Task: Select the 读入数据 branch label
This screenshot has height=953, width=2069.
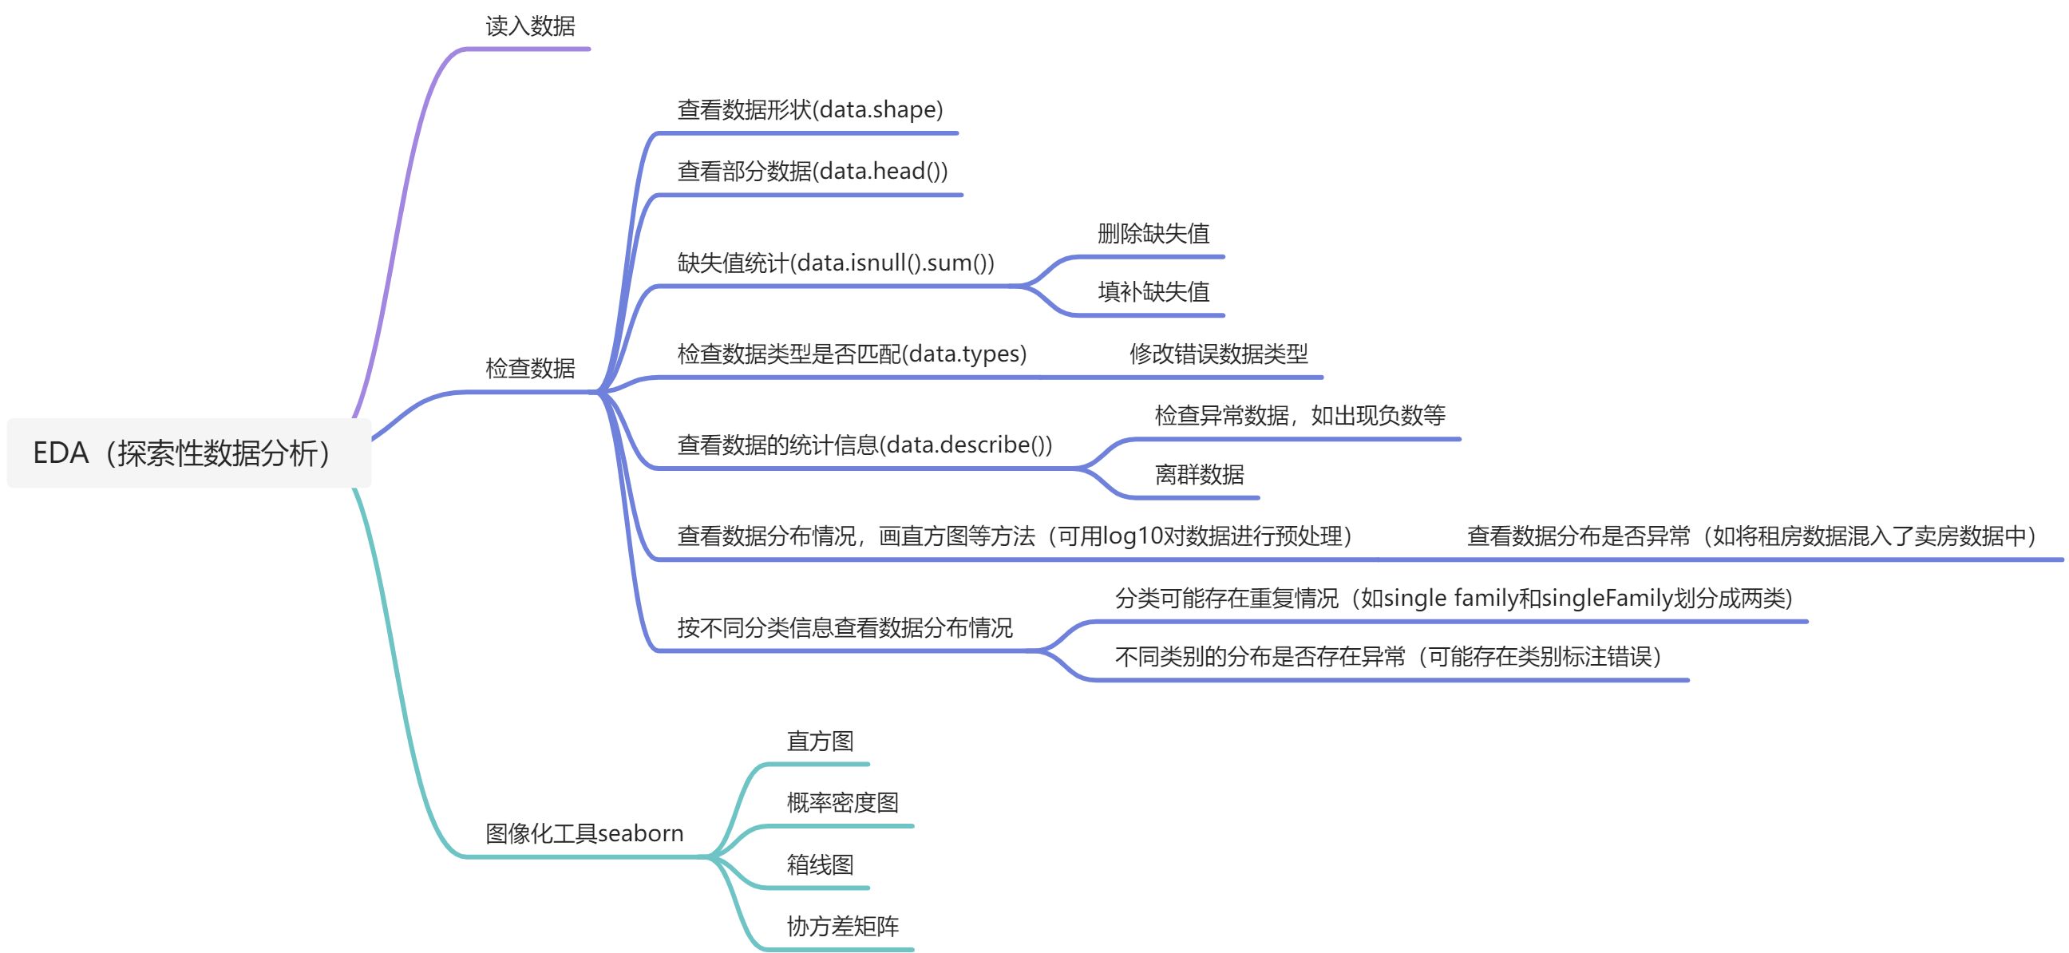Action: (530, 26)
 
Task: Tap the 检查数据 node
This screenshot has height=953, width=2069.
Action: (530, 369)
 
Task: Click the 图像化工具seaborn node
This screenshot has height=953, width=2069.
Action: (584, 833)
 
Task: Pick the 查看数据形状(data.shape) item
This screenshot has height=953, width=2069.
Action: (809, 109)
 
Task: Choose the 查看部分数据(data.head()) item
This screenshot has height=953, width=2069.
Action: (812, 171)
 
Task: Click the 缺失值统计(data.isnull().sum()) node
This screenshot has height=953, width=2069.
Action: (835, 263)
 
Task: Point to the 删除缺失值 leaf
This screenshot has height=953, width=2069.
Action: (1153, 234)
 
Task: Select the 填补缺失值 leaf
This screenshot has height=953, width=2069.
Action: (1153, 291)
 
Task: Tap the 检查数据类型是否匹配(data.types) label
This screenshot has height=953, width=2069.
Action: (852, 354)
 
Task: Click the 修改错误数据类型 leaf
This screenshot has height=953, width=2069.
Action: (1218, 354)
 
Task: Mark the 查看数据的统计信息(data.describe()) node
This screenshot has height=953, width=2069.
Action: (864, 445)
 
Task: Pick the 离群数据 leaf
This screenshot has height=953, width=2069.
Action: (1199, 474)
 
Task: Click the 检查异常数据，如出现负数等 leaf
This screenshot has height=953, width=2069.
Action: (1300, 415)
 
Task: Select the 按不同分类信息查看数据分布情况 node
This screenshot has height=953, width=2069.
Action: (845, 627)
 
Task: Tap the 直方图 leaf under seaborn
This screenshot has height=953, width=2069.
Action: (820, 741)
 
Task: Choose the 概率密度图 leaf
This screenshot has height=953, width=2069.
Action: (843, 802)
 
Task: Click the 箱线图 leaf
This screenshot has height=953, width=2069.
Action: (820, 864)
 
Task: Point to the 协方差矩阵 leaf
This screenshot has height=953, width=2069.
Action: (843, 926)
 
